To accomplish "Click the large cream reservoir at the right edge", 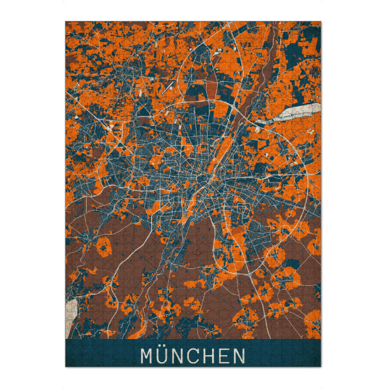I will coord(301,112).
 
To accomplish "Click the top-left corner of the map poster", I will coord(66,21).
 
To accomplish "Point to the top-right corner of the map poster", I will coord(321,21).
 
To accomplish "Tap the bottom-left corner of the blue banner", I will coord(66,367).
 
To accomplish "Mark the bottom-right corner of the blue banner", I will coord(321,367).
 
